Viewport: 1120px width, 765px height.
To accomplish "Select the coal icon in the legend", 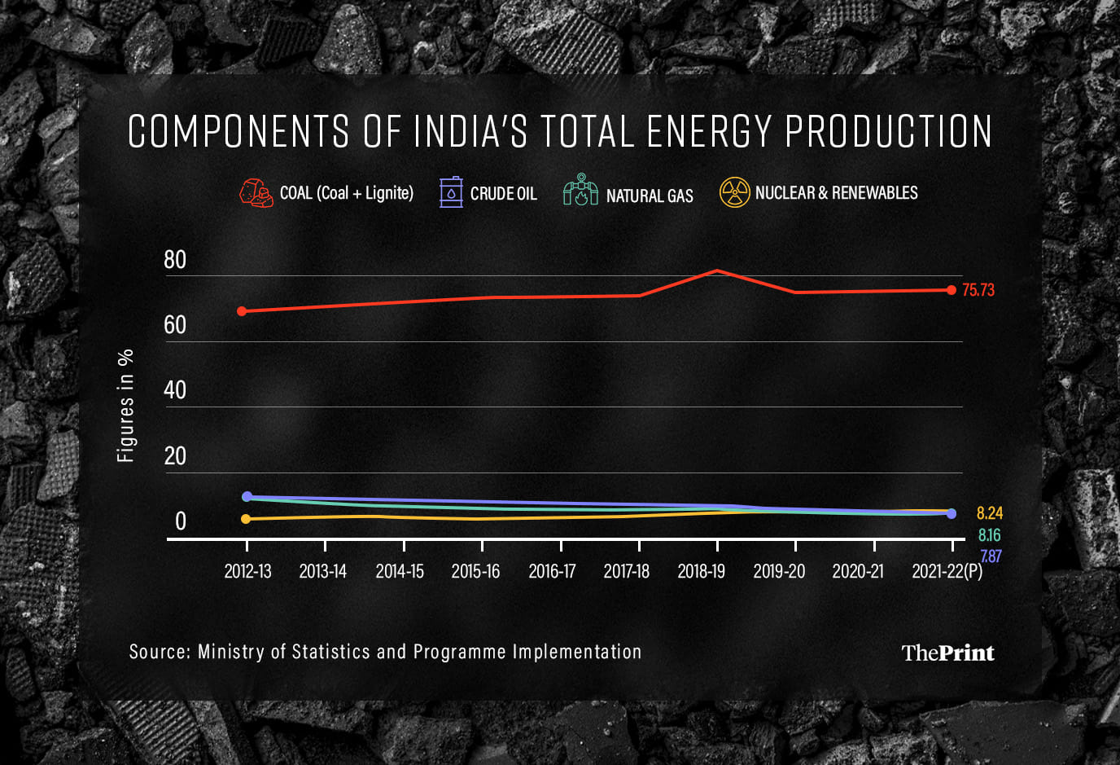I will pyautogui.click(x=256, y=193).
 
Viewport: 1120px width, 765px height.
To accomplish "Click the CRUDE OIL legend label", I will pyautogui.click(x=503, y=194).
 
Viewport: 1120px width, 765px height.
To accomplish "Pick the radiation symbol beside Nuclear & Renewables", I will pyautogui.click(x=734, y=192).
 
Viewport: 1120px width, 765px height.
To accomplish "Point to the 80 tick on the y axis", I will pyautogui.click(x=175, y=260).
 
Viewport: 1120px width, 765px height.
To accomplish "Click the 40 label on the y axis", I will pyautogui.click(x=175, y=390).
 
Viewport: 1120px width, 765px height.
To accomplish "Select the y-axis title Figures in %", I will pyautogui.click(x=125, y=406).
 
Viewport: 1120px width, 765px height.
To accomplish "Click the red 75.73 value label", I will pyautogui.click(x=978, y=290).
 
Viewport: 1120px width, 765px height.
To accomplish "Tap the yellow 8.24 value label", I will pyautogui.click(x=989, y=513).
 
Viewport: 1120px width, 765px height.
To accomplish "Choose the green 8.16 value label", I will pyautogui.click(x=989, y=535).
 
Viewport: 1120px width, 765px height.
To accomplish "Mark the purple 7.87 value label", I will pyautogui.click(x=990, y=556).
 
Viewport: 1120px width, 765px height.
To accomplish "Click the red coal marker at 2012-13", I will pyautogui.click(x=242, y=311).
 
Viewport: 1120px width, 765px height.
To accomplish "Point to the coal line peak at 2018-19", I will pyautogui.click(x=716, y=270).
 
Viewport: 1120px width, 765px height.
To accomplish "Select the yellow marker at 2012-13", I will pyautogui.click(x=246, y=519).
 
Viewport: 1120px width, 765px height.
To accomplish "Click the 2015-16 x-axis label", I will pyautogui.click(x=475, y=571).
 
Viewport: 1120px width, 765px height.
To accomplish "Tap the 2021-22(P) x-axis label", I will pyautogui.click(x=947, y=571).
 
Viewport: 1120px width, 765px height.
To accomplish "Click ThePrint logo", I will pyautogui.click(x=947, y=653).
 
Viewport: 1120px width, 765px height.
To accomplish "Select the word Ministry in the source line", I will pyautogui.click(x=231, y=652).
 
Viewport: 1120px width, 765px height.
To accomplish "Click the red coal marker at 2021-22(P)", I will pyautogui.click(x=952, y=290).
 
